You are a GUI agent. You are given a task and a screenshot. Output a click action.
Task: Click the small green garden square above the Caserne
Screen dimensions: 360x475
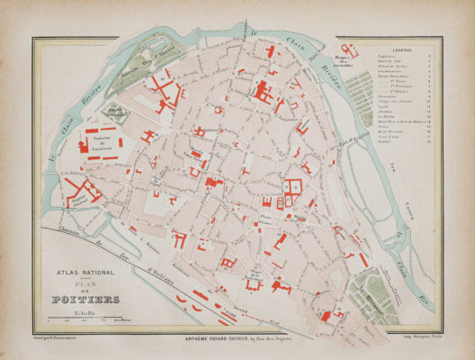[x=113, y=111]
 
